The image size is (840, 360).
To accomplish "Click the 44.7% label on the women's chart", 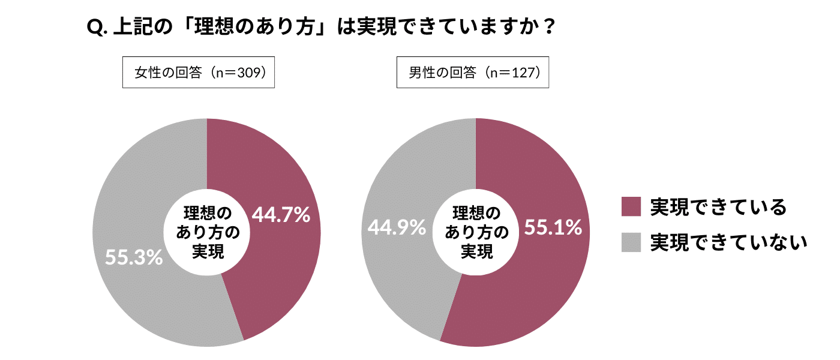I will (x=281, y=215).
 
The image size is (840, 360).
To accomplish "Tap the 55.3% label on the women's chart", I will (x=134, y=257).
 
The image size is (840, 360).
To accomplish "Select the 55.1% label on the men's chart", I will (x=553, y=227).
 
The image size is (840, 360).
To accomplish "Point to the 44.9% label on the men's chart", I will (x=397, y=227).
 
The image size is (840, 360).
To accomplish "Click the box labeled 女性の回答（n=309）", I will (x=199, y=73).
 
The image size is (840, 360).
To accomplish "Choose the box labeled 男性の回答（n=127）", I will (x=473, y=73).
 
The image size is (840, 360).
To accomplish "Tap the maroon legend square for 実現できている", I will (x=631, y=206).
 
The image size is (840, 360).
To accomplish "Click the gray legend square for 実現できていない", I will (x=631, y=242).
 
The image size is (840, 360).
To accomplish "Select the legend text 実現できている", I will (x=718, y=207).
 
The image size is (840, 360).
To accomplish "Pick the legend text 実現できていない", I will (x=728, y=242).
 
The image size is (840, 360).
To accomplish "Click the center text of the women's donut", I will (x=208, y=233).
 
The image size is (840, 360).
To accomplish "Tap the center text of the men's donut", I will (x=476, y=233).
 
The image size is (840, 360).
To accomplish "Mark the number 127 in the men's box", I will (x=520, y=73).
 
